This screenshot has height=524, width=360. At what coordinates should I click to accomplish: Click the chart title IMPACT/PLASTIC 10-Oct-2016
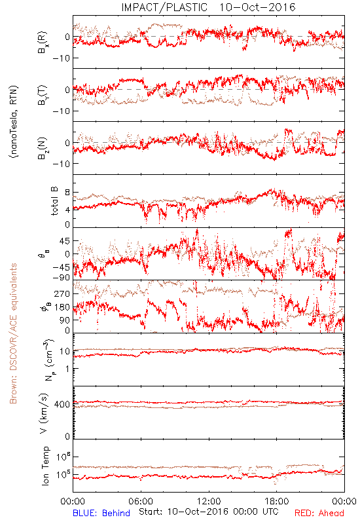coord(208,7)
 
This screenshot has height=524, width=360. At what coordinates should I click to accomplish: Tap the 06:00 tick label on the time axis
coord(141,501)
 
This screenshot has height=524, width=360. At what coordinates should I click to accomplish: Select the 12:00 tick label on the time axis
coord(209,501)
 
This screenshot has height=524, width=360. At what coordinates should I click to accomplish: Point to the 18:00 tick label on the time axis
coord(276,501)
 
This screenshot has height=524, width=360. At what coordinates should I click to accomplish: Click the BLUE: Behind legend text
coord(101,513)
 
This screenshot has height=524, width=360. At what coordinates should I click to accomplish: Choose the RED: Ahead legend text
coord(319,513)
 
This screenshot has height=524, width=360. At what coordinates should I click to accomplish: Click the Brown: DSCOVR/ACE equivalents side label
coord(13,333)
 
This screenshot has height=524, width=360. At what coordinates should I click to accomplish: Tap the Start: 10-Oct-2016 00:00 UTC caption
coord(209,512)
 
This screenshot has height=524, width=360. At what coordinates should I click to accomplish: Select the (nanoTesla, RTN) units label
coord(14,122)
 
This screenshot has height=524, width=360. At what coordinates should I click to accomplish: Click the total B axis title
coord(54,201)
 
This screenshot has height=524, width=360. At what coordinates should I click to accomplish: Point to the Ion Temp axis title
coord(45,466)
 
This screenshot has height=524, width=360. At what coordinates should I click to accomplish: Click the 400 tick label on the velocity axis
coord(62,404)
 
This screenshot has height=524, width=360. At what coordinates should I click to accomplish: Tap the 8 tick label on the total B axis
coord(67,193)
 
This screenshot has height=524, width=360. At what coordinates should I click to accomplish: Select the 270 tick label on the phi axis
coord(62,293)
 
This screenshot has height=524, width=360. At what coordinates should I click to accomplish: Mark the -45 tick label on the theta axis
coord(61,267)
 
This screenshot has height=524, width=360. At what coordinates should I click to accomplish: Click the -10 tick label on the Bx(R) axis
coord(61,58)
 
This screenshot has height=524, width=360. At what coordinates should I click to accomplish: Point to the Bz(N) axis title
coord(43,148)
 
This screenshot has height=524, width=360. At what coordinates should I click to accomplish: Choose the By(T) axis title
coord(43,95)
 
